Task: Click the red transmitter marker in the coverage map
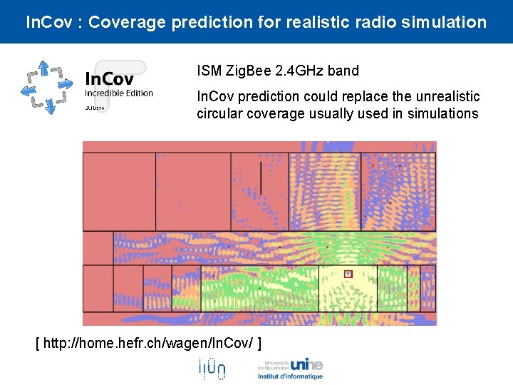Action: pos(348,274)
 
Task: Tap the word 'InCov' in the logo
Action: pos(109,78)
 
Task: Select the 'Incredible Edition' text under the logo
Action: pos(119,93)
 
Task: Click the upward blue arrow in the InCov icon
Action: pos(43,68)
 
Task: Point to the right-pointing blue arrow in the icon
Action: pos(66,83)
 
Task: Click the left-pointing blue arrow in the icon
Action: pos(27,89)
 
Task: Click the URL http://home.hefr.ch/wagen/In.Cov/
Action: pos(148,344)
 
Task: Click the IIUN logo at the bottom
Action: pos(212,368)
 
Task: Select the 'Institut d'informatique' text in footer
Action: pos(290,376)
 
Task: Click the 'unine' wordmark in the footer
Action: pos(306,364)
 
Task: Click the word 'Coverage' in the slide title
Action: pos(130,22)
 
